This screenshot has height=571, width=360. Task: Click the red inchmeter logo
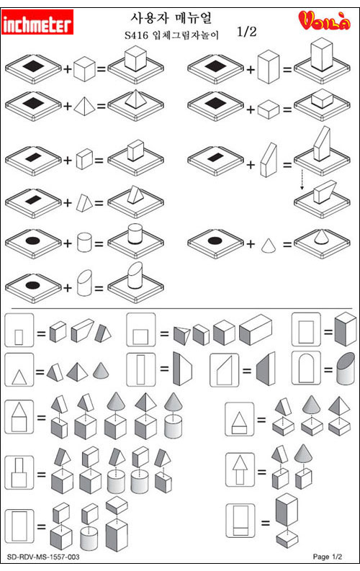(x=37, y=22)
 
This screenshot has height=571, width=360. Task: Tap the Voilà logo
(x=324, y=20)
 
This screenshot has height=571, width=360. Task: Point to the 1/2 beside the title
(x=247, y=32)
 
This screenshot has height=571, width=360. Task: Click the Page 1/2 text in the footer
(x=327, y=557)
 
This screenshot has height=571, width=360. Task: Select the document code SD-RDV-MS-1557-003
(x=43, y=557)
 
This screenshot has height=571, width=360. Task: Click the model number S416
(x=136, y=35)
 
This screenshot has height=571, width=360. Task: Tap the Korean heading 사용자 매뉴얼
(x=171, y=17)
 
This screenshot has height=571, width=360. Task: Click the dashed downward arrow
(x=302, y=179)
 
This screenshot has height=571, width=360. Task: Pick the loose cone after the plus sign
(x=269, y=245)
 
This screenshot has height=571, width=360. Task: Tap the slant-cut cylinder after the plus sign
(x=84, y=282)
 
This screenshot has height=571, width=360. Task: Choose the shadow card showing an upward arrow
(x=240, y=469)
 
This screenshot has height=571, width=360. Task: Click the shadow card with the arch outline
(x=306, y=368)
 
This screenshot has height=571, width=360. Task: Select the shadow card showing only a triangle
(x=19, y=369)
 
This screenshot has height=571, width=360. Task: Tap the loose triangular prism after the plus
(x=84, y=203)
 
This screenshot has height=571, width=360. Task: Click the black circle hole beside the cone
(x=215, y=240)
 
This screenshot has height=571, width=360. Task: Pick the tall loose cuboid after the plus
(x=269, y=67)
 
